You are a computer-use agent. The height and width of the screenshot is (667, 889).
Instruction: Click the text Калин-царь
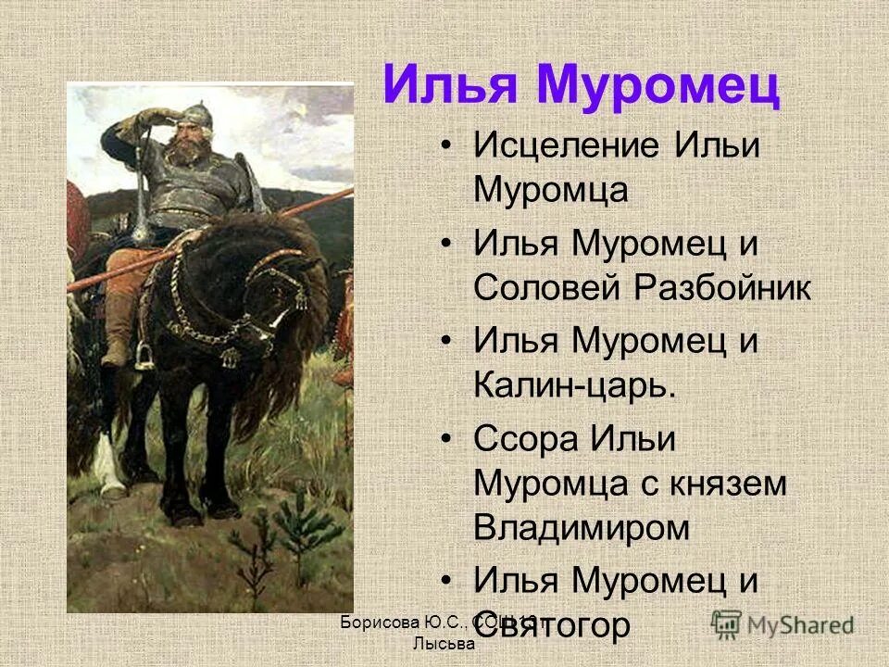[x=574, y=386]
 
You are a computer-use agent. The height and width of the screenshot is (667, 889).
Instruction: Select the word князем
[x=721, y=484]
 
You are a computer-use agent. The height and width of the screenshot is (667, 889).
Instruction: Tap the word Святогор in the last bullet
[x=553, y=624]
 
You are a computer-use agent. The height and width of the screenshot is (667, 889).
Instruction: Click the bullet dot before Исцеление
[x=448, y=148]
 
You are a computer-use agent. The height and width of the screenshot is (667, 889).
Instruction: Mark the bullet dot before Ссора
[x=448, y=440]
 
